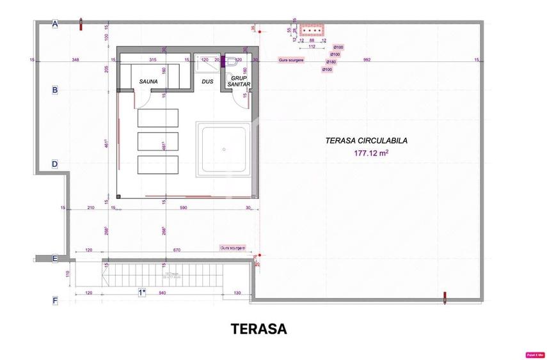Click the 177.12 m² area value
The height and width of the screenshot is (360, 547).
coord(371,153)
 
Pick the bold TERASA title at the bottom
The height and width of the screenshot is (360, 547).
coord(258,329)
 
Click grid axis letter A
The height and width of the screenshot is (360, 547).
coord(55,24)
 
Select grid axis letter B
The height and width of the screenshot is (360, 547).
coord(55,90)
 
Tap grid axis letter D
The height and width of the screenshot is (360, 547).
coord(55,164)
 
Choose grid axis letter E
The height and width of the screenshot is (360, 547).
coord(55,259)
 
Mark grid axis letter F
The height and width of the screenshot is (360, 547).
coord(55,300)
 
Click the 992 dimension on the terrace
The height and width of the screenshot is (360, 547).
coord(366,60)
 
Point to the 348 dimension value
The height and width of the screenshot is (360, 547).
coord(75,60)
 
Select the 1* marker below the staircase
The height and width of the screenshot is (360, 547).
coord(142,292)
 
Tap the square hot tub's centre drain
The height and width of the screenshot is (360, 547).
coord(225,150)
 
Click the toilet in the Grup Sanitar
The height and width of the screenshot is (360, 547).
coord(232,63)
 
